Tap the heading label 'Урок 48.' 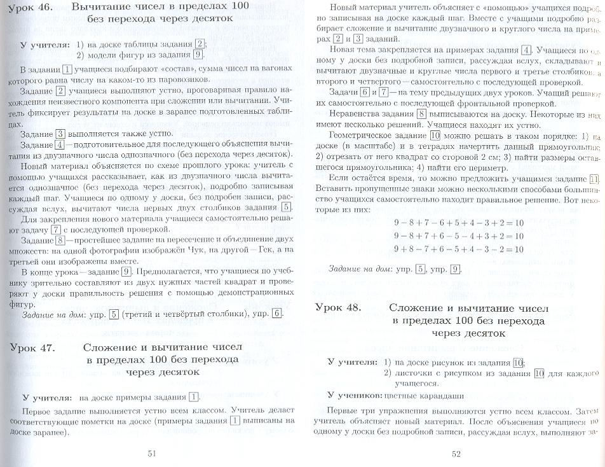click(x=338, y=307)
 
